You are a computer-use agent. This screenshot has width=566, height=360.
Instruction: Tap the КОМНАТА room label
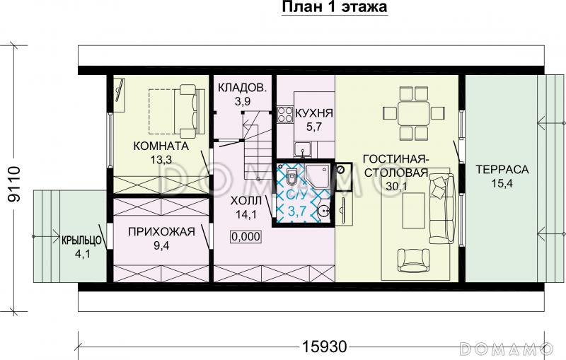click(x=160, y=146)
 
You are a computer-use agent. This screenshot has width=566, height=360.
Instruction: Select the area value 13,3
click(x=161, y=159)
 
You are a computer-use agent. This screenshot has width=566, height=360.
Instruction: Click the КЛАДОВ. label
click(x=242, y=88)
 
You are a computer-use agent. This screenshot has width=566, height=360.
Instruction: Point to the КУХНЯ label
click(x=313, y=113)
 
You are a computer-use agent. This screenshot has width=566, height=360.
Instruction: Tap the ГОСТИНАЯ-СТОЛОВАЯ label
click(x=394, y=165)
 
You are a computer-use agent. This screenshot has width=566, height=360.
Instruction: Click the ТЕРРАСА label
click(x=502, y=170)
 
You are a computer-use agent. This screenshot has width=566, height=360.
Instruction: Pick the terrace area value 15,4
click(x=502, y=185)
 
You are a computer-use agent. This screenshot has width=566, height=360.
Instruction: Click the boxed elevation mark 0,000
click(x=246, y=237)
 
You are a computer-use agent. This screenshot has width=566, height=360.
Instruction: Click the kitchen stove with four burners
click(x=285, y=115)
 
